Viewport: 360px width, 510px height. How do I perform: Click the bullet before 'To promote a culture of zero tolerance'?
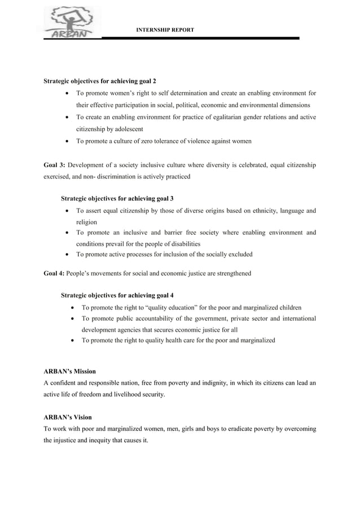[x=68, y=141]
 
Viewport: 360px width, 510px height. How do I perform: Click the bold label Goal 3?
[x=55, y=165]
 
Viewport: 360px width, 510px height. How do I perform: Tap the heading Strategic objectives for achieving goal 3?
[x=117, y=198]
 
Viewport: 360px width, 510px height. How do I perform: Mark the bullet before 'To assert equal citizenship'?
[x=68, y=211]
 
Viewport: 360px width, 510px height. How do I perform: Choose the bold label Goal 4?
[x=54, y=273]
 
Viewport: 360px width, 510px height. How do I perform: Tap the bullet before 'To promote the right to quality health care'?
[x=73, y=341]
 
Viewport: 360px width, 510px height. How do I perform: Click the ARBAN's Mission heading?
[x=69, y=371]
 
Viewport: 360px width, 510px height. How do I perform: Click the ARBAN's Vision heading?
[x=68, y=417]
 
